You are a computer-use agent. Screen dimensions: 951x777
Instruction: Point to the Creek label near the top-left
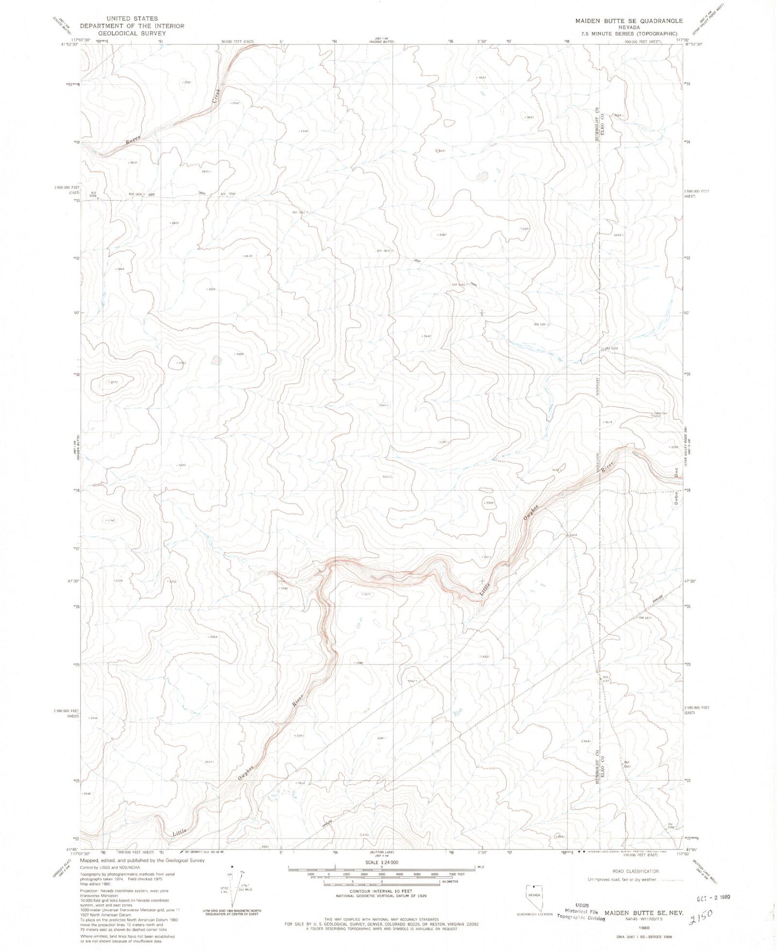[216, 96]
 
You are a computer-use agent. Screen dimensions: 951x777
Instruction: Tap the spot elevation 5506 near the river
[488, 503]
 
